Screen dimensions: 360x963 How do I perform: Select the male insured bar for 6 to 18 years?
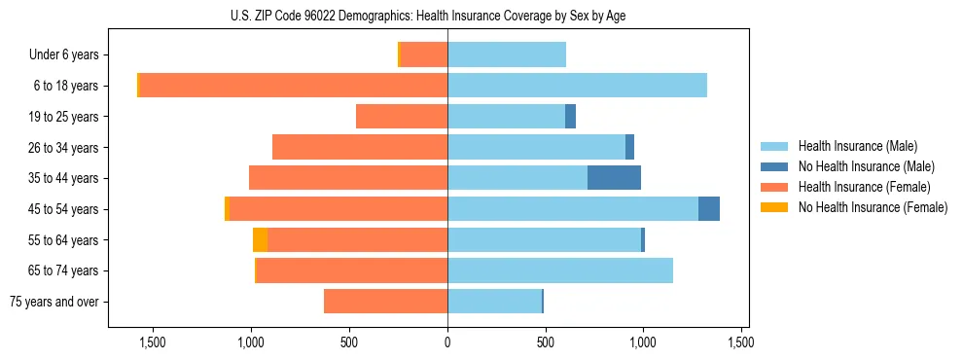pos(577,86)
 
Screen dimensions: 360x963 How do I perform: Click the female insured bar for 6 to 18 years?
pos(293,86)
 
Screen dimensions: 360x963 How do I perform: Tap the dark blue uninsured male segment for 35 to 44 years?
pos(614,178)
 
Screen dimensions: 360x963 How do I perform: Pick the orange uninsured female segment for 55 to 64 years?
pos(260,240)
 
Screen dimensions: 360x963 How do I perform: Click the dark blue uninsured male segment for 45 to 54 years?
pos(709,209)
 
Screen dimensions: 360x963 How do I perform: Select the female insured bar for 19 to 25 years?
pos(402,117)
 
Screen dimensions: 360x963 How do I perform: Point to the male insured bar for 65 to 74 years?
pos(560,270)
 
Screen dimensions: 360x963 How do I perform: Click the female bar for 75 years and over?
pos(385,302)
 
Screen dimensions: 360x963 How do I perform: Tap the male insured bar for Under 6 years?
pos(507,54)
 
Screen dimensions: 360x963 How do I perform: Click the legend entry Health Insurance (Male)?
pos(857,146)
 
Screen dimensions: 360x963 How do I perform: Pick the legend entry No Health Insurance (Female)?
pos(872,207)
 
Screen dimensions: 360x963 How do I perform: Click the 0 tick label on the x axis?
pos(447,342)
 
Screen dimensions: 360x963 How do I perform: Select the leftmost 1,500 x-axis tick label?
pos(153,342)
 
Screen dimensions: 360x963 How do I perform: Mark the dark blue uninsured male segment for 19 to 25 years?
pos(570,117)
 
